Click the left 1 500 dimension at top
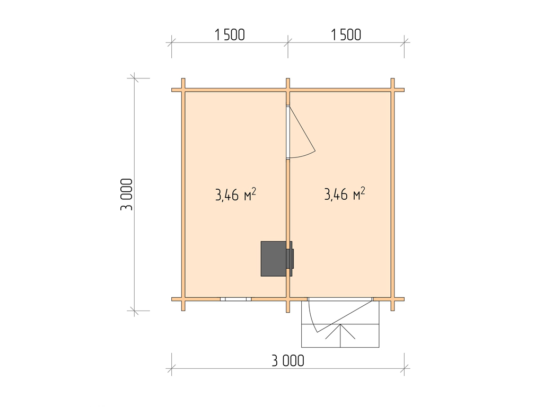230,34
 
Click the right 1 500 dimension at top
346,34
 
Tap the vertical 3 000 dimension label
126,194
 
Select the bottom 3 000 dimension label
288,360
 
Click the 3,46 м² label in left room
235,194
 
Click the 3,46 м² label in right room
345,194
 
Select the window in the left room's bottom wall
236,299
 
